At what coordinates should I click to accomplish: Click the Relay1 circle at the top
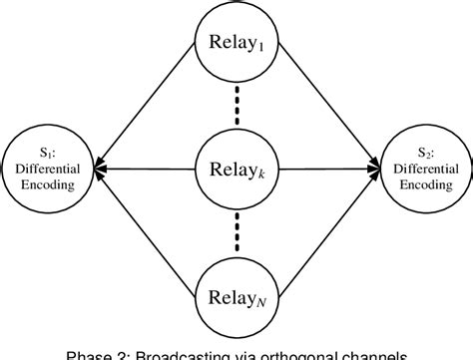pyautogui.click(x=236, y=43)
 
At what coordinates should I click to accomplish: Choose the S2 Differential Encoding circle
pyautogui.click(x=427, y=169)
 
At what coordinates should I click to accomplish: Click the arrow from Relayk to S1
pyautogui.click(x=140, y=169)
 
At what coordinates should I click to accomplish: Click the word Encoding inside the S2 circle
pyautogui.click(x=427, y=184)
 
